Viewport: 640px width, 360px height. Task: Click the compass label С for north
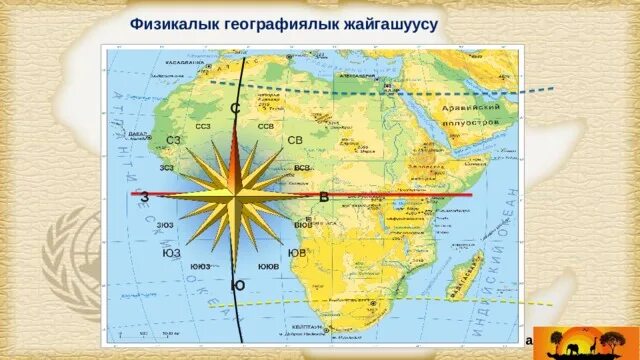[234, 108]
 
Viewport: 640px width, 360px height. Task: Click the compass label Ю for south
[238, 286]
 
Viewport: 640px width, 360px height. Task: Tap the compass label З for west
[145, 197]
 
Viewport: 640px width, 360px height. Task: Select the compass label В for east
[324, 197]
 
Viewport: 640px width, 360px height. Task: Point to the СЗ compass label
[174, 140]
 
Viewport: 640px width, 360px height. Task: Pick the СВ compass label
[295, 140]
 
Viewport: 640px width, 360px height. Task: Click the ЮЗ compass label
[171, 254]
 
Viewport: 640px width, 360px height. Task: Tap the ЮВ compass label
[297, 254]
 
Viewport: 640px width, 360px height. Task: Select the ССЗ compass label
[203, 127]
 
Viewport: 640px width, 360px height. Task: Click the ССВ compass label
[266, 127]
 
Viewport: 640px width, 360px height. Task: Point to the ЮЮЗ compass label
[200, 267]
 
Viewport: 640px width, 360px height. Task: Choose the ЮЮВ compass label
[268, 267]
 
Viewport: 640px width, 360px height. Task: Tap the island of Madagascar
[463, 272]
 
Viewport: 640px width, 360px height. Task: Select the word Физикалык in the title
[171, 24]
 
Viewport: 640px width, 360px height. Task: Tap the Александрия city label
[357, 74]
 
